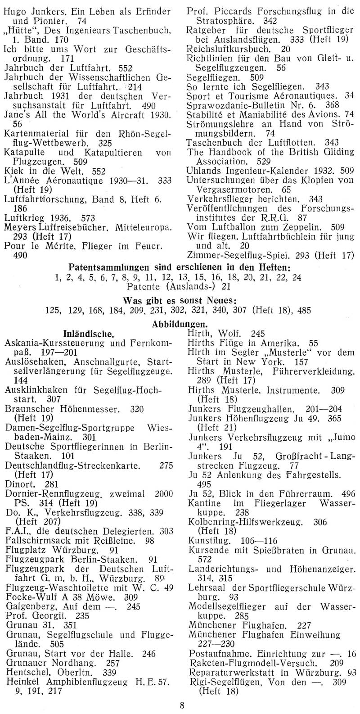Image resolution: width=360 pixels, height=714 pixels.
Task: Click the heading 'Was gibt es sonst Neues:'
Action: click(180, 300)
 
